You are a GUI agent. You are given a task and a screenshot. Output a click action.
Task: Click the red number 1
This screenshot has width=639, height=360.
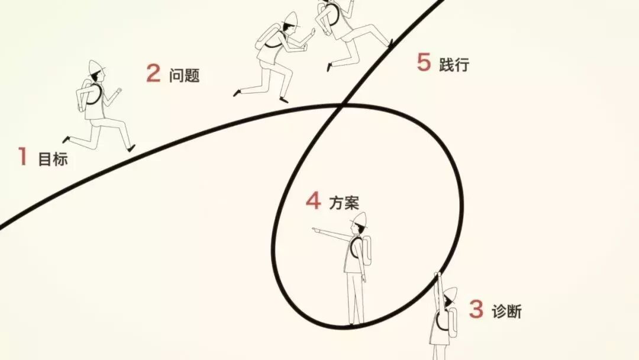coord(23,156)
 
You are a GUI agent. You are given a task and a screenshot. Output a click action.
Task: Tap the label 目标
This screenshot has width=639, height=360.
coord(53,159)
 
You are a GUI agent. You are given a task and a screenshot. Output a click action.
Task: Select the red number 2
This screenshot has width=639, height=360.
coord(153,73)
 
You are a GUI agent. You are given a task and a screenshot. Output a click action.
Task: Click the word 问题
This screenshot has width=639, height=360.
coord(185,75)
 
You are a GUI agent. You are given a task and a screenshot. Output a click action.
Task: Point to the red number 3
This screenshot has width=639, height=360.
coord(476,308)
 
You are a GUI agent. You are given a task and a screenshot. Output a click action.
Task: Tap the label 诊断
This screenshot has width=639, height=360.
coord(507,311)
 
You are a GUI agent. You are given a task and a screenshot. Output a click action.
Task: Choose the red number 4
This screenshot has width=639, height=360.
coord(314,201)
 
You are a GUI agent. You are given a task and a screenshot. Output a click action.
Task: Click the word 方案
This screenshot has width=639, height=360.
coord(344,202)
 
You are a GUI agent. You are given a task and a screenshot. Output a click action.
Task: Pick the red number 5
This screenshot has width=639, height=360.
coord(424,62)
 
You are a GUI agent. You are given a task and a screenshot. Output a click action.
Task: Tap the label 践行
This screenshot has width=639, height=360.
coord(454,65)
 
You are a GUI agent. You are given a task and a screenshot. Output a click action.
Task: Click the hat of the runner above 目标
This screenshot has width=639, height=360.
coord(96,67)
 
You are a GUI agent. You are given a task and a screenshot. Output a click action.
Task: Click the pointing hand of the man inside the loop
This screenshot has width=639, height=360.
coord(316,230)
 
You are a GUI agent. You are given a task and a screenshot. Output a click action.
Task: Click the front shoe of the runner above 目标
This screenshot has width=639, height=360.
coord(131,149)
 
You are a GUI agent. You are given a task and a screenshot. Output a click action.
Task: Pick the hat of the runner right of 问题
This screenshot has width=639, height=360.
coord(290,19)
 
